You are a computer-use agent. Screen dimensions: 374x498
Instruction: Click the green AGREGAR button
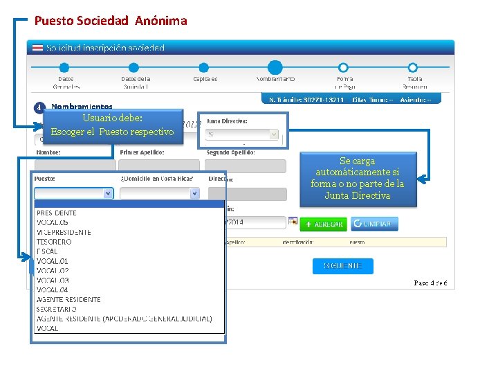tap(323, 224)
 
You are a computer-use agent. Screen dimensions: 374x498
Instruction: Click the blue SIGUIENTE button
tap(342, 266)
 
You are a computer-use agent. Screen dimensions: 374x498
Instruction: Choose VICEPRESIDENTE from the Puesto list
tap(64, 232)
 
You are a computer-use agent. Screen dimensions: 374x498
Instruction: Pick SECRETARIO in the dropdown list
tap(57, 309)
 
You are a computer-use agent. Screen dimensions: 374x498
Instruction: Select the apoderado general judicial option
tap(124, 319)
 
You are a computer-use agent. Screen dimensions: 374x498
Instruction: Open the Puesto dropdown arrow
tap(108, 194)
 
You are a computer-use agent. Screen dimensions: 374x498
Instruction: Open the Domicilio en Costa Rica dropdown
tap(194, 194)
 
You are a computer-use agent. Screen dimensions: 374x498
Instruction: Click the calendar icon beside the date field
tap(293, 222)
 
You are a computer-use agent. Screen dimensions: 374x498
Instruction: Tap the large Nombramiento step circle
tap(275, 68)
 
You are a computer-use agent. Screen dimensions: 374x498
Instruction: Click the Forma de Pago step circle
tap(344, 68)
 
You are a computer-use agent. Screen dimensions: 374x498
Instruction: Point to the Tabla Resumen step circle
tap(413, 68)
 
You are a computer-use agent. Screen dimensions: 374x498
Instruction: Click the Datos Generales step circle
tap(64, 68)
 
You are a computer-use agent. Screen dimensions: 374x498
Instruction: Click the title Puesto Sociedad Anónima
tap(111, 21)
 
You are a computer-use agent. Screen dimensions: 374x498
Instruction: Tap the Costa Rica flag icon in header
tap(37, 48)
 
